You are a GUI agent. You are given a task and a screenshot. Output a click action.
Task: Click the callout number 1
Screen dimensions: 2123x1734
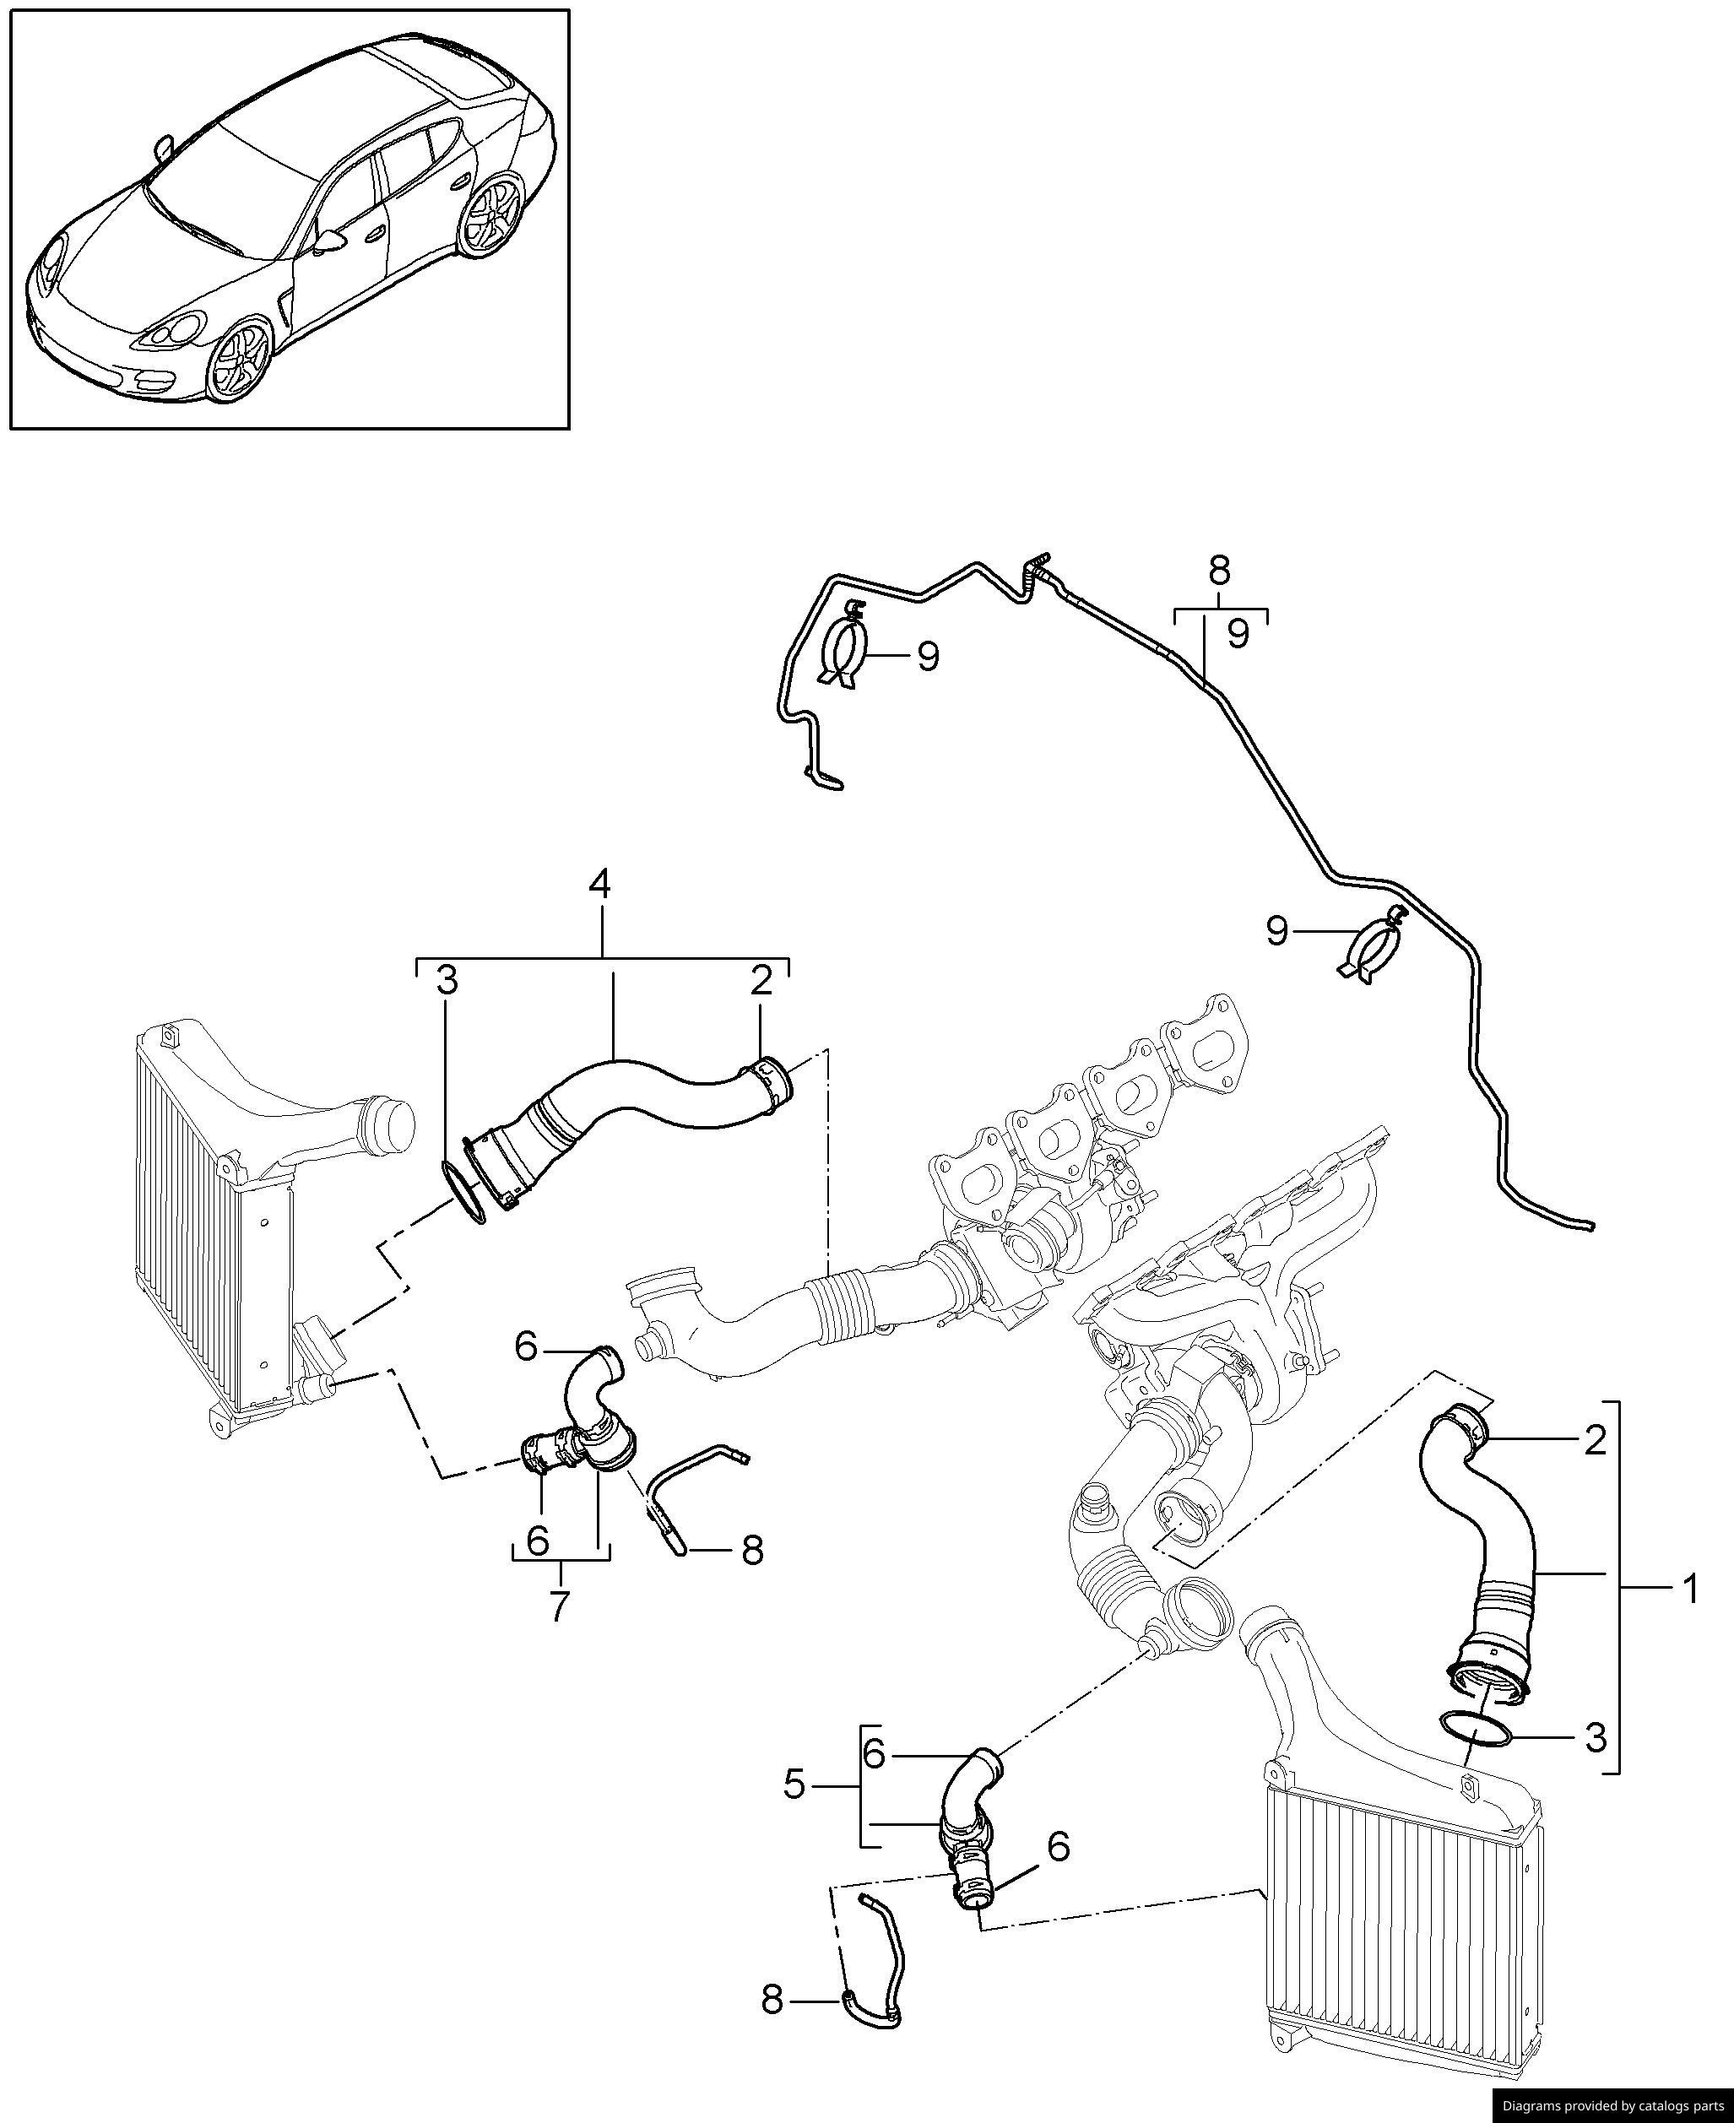point(1689,1617)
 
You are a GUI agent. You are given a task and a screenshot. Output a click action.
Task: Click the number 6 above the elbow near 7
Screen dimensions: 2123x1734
point(528,1347)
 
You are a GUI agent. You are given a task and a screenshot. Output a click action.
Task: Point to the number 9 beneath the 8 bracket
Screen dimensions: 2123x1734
point(1238,633)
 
